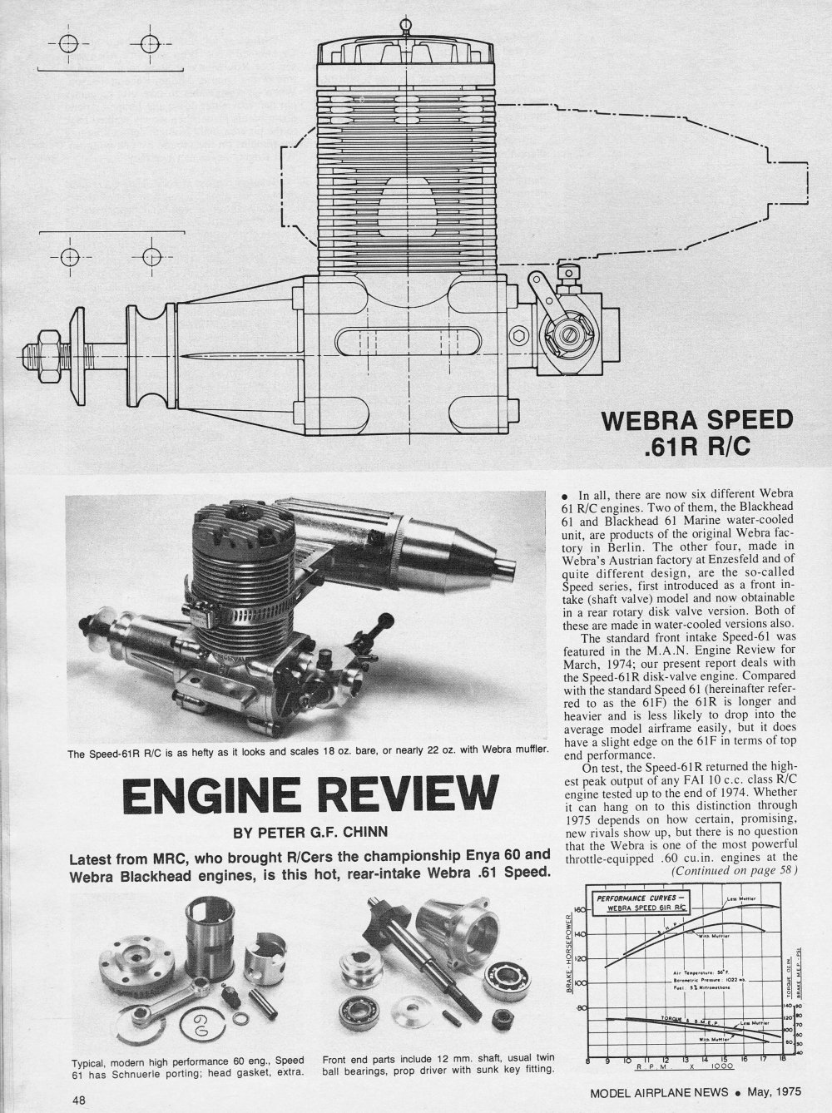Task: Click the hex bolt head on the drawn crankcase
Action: (520, 336)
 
